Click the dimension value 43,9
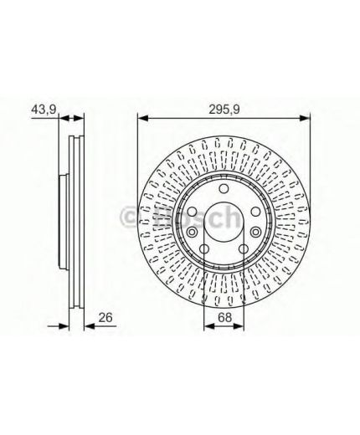(44, 110)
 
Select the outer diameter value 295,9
(224, 110)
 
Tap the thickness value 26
(105, 318)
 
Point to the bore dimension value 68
(225, 317)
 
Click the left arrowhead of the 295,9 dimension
(142, 118)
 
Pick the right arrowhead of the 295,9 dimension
(305, 118)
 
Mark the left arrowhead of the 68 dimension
(209, 325)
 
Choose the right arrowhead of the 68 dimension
(239, 325)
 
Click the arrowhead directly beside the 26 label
(90, 325)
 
